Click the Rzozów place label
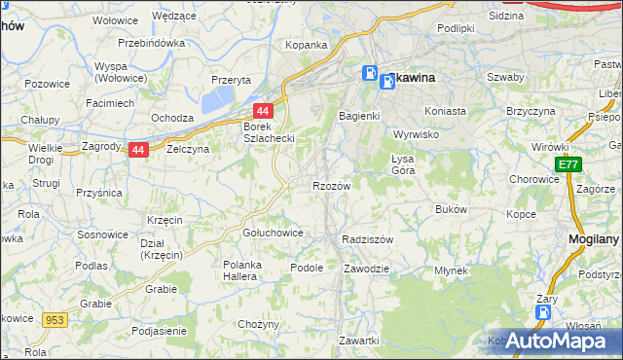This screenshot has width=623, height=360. tap(330, 185)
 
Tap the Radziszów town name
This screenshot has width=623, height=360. tap(368, 238)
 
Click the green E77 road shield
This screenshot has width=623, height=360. tap(569, 165)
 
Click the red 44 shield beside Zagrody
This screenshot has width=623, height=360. tap(138, 150)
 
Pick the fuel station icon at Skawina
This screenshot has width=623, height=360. tap(371, 73)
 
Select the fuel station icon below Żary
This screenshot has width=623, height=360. tap(542, 313)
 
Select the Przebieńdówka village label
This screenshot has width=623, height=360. tap(151, 43)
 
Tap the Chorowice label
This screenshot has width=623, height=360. tap(532, 179)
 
